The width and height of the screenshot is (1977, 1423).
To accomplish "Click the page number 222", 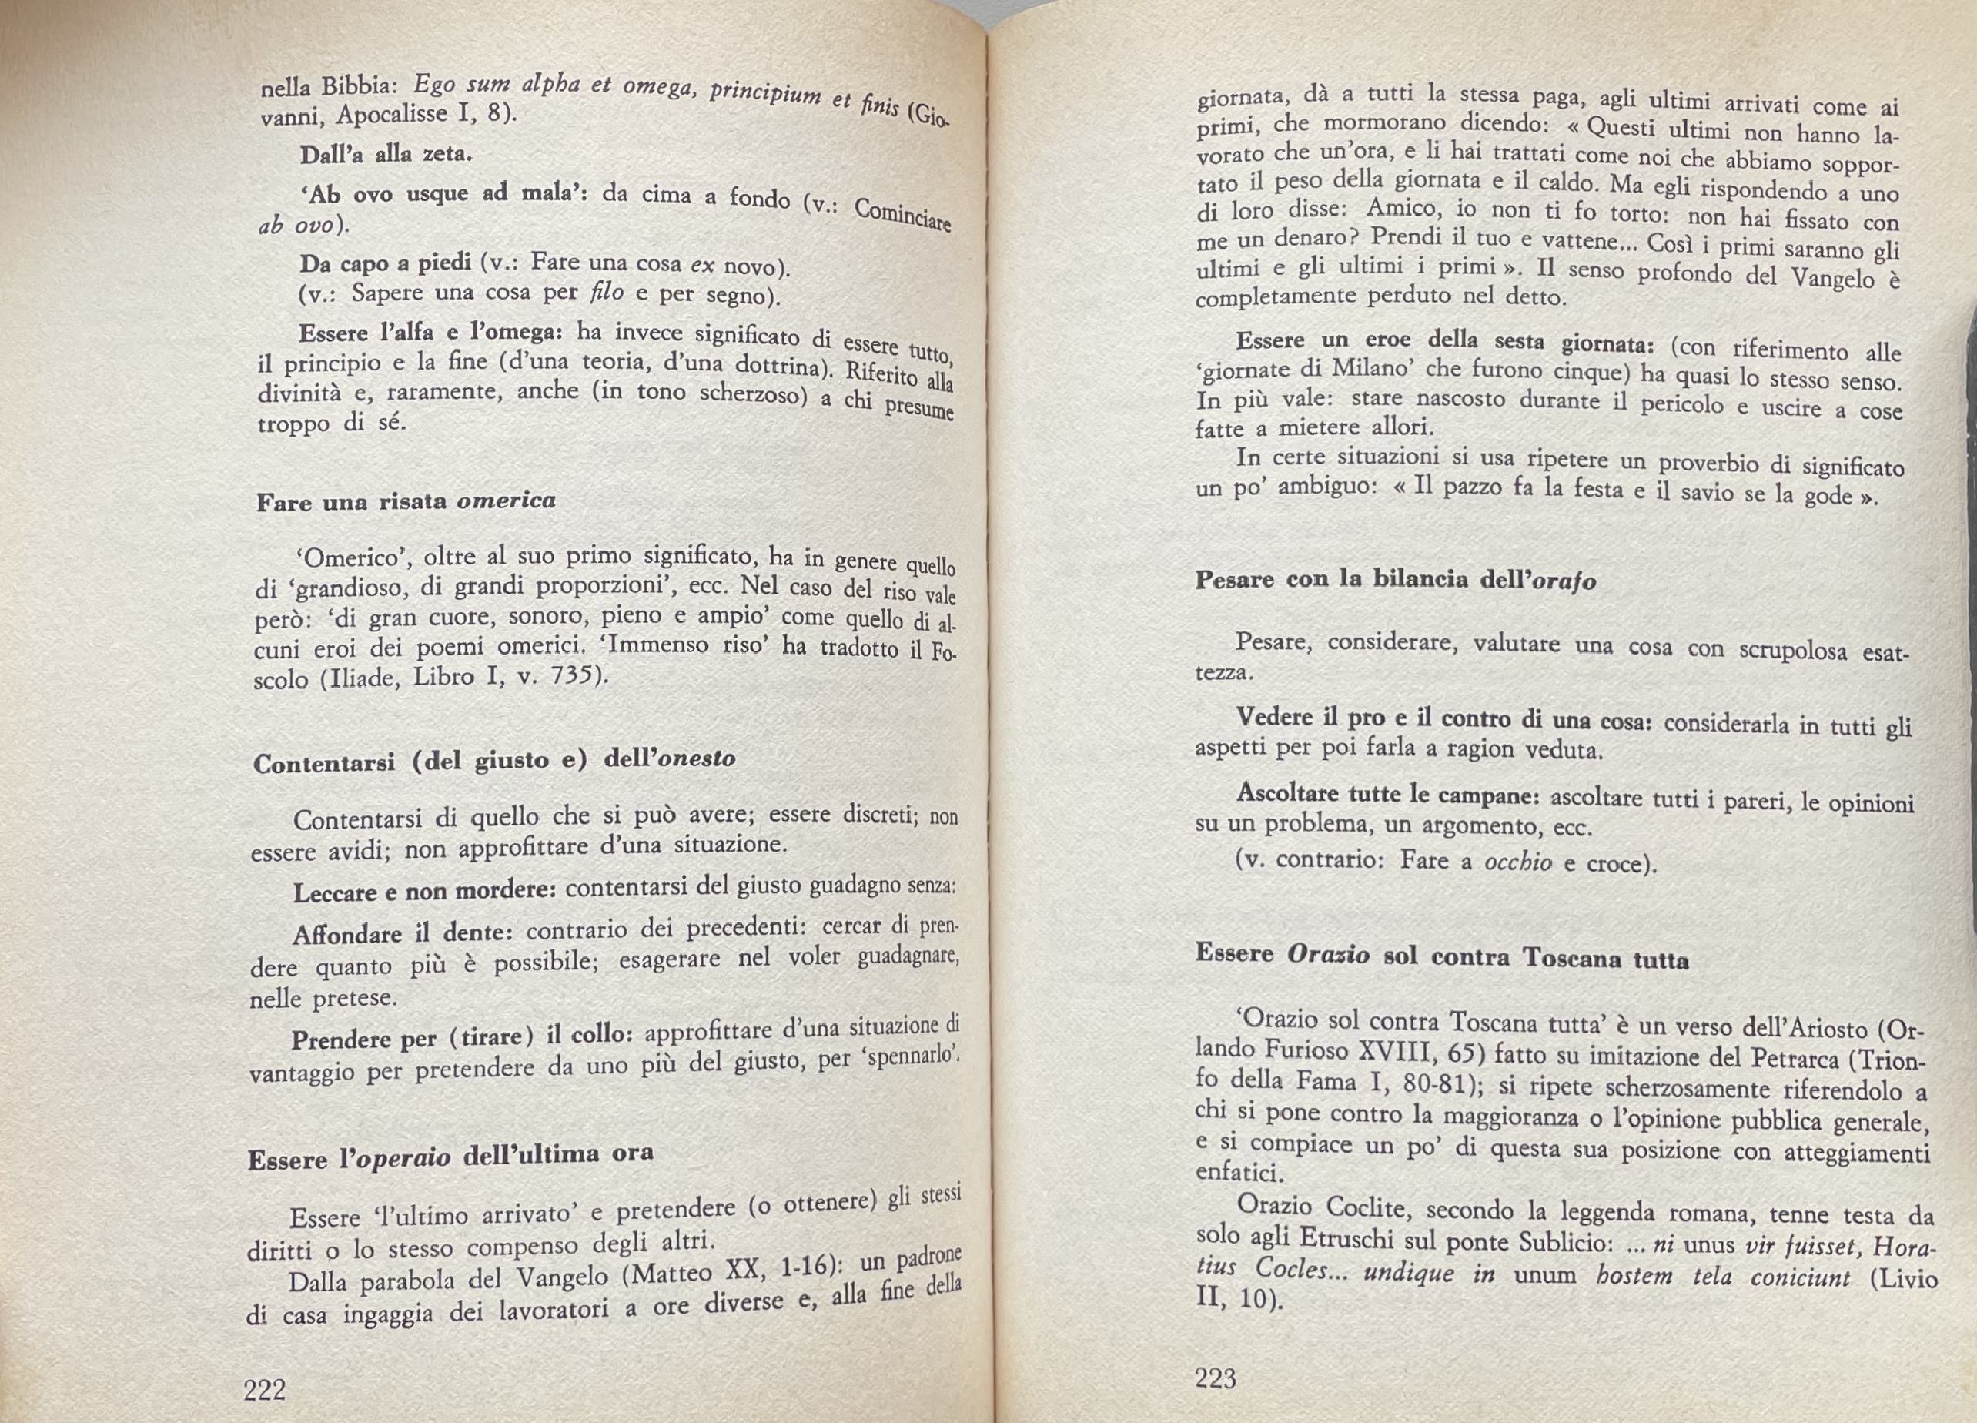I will click(264, 1389).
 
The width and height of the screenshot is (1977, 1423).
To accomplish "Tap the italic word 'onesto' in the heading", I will click(696, 758).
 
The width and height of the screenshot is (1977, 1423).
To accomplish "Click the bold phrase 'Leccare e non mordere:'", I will click(423, 892).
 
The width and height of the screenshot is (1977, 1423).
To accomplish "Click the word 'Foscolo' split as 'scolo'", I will click(281, 680).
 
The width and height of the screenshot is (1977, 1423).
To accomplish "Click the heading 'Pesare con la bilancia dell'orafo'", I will click(1395, 580).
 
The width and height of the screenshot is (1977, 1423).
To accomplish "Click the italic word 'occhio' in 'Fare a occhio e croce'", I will click(1517, 862).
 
